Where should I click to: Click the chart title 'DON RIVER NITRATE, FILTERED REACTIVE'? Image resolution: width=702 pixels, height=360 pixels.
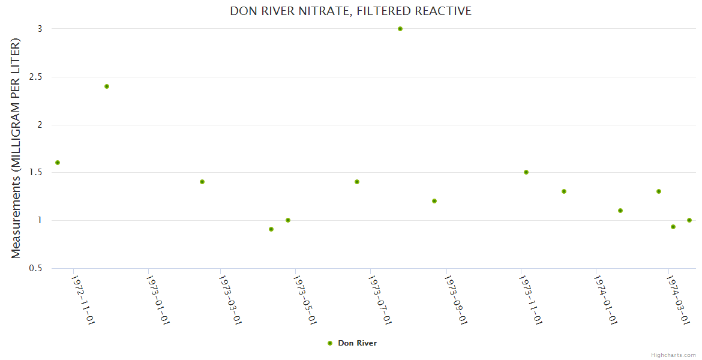click(350, 11)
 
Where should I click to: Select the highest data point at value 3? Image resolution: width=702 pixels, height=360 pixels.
click(400, 29)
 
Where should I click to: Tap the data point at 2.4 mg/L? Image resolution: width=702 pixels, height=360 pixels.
click(107, 86)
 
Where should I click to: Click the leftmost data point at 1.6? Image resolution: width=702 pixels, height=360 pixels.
click(58, 163)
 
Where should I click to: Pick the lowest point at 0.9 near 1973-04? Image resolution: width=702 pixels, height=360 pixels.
click(271, 229)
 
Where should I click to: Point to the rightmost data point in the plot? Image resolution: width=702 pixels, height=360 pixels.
click(689, 220)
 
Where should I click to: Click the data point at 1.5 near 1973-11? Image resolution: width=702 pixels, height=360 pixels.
click(526, 172)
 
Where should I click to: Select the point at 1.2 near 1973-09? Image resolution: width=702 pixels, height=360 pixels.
click(434, 201)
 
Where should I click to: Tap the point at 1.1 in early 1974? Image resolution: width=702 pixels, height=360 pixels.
click(620, 211)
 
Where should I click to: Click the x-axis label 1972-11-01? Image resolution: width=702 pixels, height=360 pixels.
click(83, 299)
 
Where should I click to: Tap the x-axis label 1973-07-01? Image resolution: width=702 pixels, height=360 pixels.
click(380, 299)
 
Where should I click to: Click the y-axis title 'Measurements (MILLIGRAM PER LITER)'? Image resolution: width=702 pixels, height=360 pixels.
click(16, 148)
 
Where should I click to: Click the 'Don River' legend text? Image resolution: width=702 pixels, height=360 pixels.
click(358, 343)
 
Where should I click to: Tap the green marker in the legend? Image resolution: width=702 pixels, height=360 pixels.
click(330, 343)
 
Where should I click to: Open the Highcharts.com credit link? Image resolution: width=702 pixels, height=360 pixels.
click(674, 355)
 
